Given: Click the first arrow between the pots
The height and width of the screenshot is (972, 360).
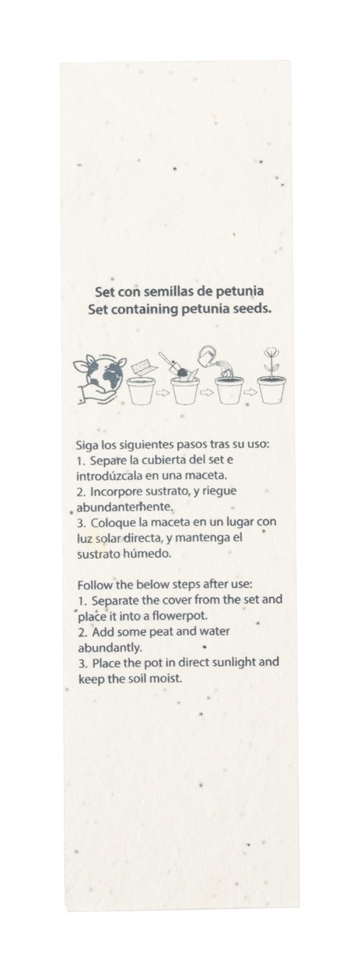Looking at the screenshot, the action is [163, 393].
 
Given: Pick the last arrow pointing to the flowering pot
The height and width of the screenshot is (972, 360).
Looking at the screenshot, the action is [250, 393].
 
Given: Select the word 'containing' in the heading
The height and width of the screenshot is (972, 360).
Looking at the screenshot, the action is [146, 309].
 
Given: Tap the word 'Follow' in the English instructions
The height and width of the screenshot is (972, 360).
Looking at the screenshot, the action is [90, 585].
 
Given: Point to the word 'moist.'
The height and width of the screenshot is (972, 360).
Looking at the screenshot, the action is [166, 678].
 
